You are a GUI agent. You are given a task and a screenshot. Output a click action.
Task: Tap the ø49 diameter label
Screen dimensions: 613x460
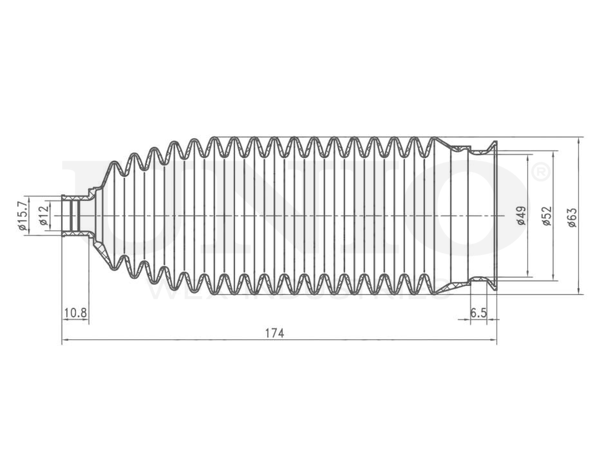tap(522, 216)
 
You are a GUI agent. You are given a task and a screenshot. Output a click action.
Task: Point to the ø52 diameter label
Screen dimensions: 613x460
tap(547, 216)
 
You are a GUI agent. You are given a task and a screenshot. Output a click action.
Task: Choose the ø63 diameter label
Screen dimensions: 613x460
tap(573, 216)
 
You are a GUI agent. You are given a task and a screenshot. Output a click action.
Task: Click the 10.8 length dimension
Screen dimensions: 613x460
tap(75, 313)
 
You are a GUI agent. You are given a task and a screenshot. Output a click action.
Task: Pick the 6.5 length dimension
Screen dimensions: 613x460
tap(478, 313)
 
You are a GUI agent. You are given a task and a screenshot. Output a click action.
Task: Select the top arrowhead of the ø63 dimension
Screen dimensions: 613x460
tap(580, 140)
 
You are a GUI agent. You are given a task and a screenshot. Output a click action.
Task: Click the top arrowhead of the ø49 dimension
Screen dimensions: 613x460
tap(529, 158)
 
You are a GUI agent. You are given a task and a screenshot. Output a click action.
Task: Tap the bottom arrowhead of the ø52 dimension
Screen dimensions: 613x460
tap(555, 278)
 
